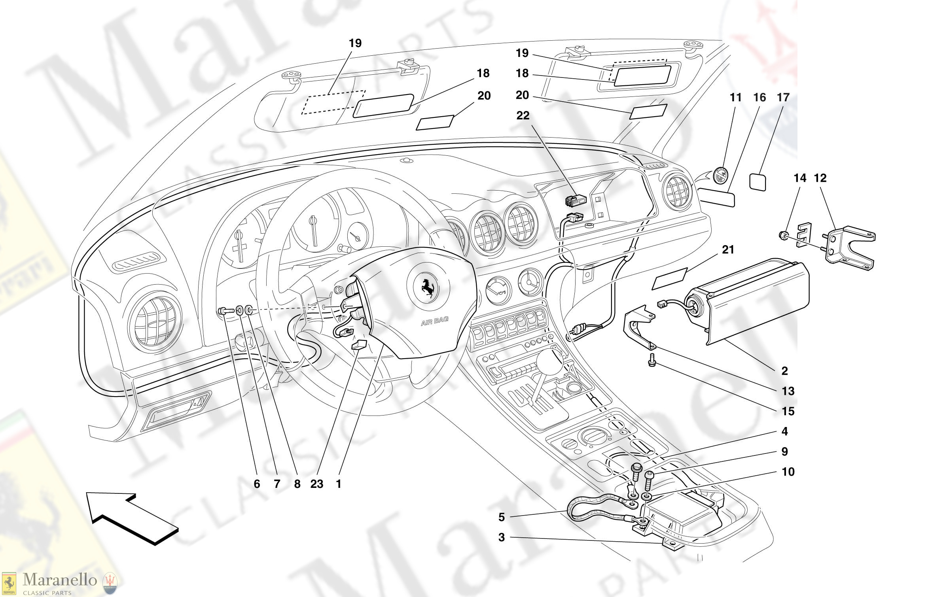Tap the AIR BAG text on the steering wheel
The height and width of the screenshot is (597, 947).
434,321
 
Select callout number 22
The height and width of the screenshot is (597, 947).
523,115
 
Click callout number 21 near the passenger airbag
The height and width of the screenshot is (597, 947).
728,249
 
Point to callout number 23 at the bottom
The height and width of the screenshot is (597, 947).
316,484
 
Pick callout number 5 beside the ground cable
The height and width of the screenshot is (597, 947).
501,517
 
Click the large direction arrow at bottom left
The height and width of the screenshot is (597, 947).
131,518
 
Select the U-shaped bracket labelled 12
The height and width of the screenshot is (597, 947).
850,247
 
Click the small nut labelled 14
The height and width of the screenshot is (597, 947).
782,236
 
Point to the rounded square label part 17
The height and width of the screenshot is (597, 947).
758,182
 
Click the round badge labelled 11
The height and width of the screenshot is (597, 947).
720,175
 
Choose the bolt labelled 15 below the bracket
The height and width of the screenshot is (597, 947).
652,360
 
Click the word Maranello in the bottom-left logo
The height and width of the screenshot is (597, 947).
60,580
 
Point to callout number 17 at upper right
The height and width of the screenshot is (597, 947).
783,97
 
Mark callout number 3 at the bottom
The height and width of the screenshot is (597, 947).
501,537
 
